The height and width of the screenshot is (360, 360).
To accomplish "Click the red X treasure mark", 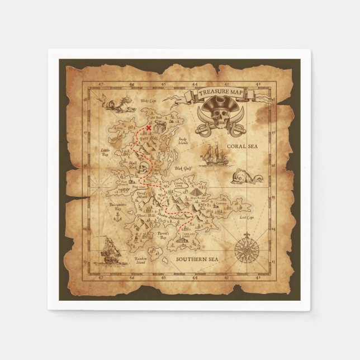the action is [149, 128].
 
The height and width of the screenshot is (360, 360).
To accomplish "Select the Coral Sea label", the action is [241, 146].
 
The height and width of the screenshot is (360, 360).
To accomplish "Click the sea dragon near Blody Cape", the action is [116, 103].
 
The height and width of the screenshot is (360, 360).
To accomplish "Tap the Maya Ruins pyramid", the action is [197, 191].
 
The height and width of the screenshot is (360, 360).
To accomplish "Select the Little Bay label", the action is [105, 152].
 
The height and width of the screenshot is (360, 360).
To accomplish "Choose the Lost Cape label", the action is [247, 216].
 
